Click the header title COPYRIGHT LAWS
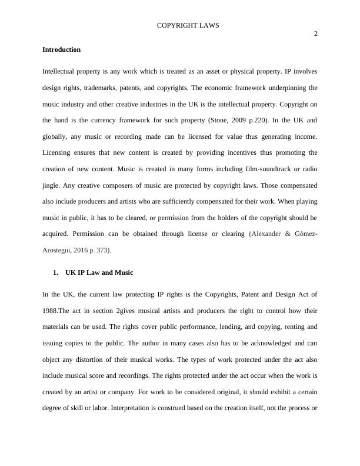coord(188,25)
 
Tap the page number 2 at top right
coord(315,34)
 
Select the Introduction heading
coord(61,49)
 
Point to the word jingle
coord(51,185)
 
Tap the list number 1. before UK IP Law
coord(56,272)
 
